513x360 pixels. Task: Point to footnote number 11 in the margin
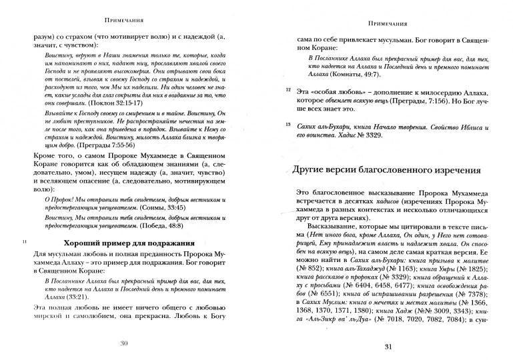(25, 242)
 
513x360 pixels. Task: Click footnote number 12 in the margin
(288, 89)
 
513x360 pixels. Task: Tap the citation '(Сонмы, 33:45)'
(159, 208)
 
